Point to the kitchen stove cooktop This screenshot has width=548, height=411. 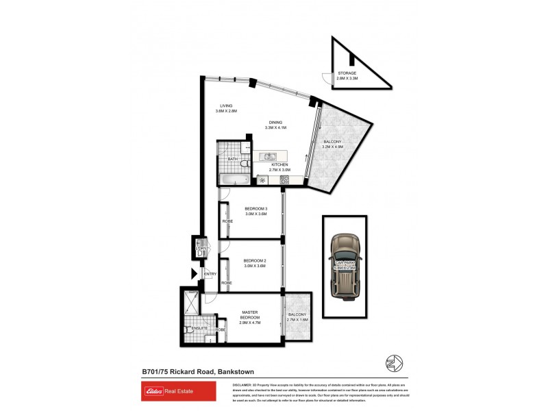[x=284, y=180]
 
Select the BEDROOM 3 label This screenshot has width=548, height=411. [x=255, y=210]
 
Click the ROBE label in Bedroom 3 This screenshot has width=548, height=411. [x=226, y=221]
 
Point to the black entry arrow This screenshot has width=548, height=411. [x=195, y=275]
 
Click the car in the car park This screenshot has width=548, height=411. [x=343, y=266]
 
